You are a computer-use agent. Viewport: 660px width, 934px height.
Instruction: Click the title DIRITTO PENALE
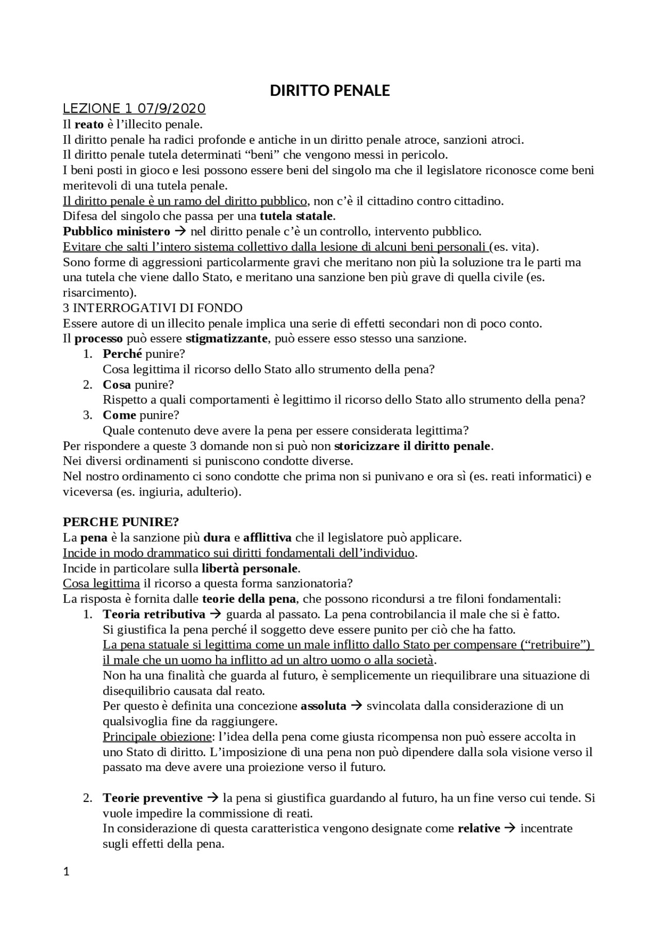(x=330, y=91)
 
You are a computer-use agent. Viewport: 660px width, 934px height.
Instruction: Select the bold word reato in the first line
(x=89, y=124)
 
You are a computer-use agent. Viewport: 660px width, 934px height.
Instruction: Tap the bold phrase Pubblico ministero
(x=117, y=231)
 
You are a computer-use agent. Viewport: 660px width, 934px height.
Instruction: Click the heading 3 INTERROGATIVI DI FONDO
(x=153, y=308)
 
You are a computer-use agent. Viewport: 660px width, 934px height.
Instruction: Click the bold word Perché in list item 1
(x=122, y=354)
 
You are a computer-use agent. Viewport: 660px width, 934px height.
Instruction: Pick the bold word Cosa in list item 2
(x=117, y=385)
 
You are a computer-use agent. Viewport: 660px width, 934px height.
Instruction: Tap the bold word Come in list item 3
(x=119, y=415)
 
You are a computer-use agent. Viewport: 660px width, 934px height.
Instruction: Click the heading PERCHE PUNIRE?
(x=121, y=522)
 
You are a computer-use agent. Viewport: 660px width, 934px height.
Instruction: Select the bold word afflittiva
(x=268, y=537)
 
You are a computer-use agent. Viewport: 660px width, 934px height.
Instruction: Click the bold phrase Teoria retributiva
(x=154, y=614)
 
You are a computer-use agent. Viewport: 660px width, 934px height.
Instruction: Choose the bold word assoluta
(x=323, y=706)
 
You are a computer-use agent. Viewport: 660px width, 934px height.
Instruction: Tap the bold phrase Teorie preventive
(x=153, y=798)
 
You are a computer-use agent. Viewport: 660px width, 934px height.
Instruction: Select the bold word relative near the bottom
(x=478, y=828)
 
